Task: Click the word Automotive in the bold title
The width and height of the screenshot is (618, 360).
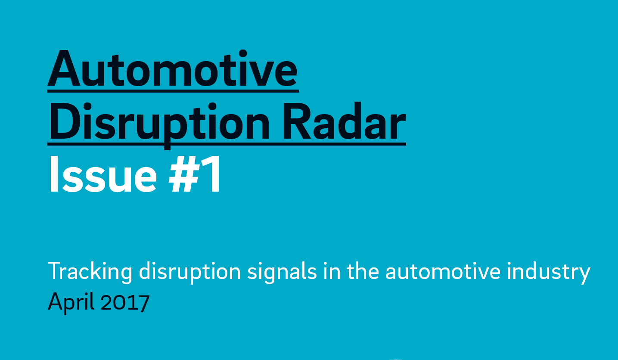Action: coord(173,69)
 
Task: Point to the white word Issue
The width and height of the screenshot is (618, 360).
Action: coord(102,174)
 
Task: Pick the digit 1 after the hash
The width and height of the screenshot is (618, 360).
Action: coord(212,174)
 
